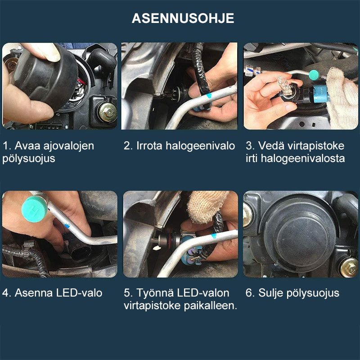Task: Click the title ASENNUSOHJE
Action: point(183,18)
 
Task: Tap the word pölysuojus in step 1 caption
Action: point(29,159)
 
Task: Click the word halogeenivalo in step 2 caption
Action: point(200,146)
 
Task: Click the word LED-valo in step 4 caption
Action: point(79,293)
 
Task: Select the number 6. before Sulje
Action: point(250,293)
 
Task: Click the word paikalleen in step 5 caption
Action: point(212,306)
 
